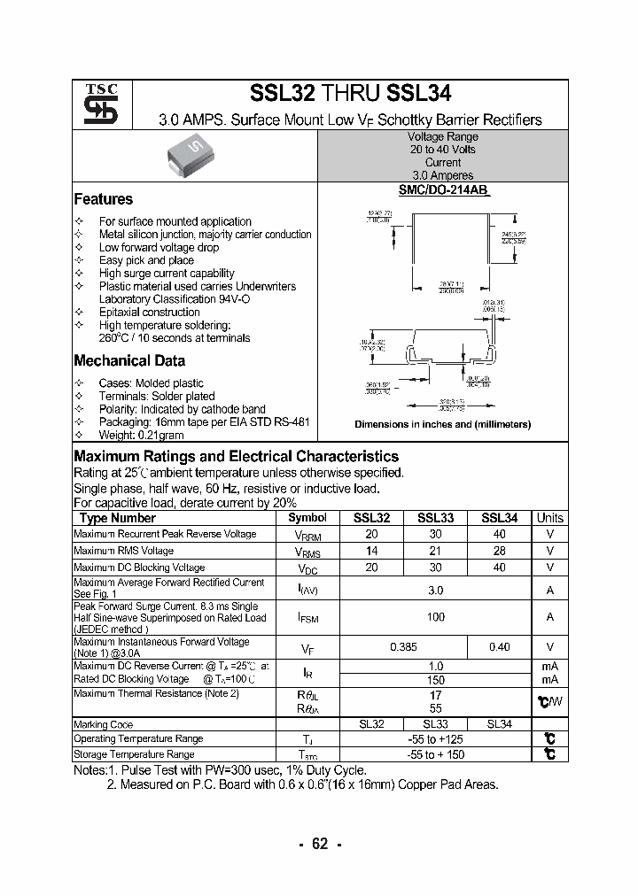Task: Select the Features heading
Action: (103, 199)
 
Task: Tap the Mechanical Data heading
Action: (129, 360)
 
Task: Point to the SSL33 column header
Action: (436, 518)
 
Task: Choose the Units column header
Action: (550, 518)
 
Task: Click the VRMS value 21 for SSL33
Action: (436, 551)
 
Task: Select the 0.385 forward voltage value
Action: (404, 647)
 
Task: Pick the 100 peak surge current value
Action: (436, 617)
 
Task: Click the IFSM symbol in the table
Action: (307, 617)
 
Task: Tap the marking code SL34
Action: (501, 723)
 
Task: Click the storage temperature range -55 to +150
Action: (436, 754)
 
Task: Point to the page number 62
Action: (320, 844)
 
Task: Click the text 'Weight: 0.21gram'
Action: (141, 436)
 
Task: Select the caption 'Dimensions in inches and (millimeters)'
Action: (442, 425)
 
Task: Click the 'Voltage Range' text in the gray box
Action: (442, 137)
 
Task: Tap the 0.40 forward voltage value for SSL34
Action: (500, 647)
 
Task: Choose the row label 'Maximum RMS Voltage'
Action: (123, 551)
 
